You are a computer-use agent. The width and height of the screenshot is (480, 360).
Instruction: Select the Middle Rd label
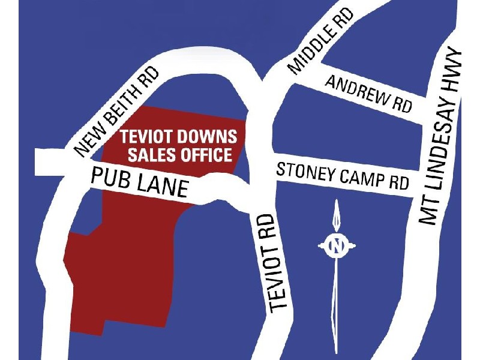(x=320, y=41)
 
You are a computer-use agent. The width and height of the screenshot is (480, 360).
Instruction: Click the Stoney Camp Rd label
(x=343, y=176)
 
